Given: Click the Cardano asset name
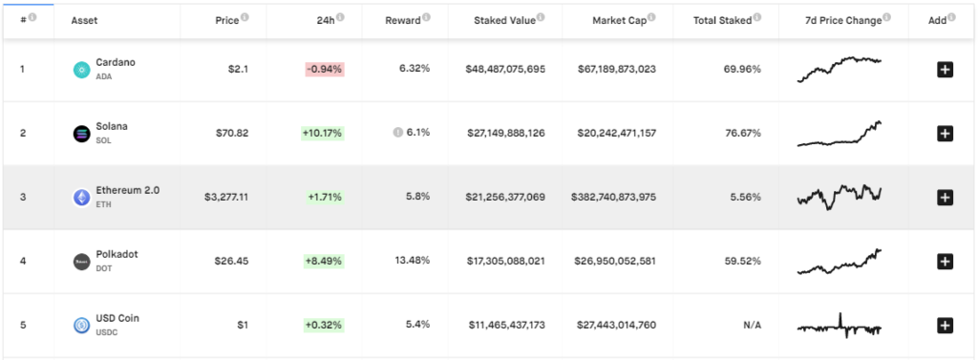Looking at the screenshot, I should point(117,62).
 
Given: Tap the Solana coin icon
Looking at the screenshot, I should point(81,134).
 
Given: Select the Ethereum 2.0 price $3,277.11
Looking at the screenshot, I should point(226,197).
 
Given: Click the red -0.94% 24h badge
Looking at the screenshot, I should point(324,69).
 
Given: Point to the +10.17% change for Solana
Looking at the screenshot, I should point(324,133).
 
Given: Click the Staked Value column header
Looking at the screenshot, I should point(505,20).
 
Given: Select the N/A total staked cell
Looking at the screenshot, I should point(752,326).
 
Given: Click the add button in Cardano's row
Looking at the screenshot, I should point(945,69).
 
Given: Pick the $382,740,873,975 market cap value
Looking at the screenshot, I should point(617,197).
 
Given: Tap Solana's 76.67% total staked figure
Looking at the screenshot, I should point(742,133).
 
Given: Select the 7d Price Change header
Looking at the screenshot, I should point(837,20).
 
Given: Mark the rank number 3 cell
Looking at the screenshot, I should point(23,197).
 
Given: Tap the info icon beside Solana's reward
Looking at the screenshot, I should point(397,133).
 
